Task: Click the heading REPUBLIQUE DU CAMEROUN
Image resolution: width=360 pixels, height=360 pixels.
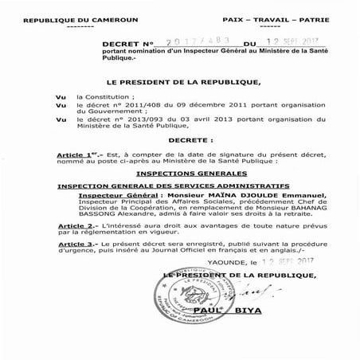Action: pos(61,16)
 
